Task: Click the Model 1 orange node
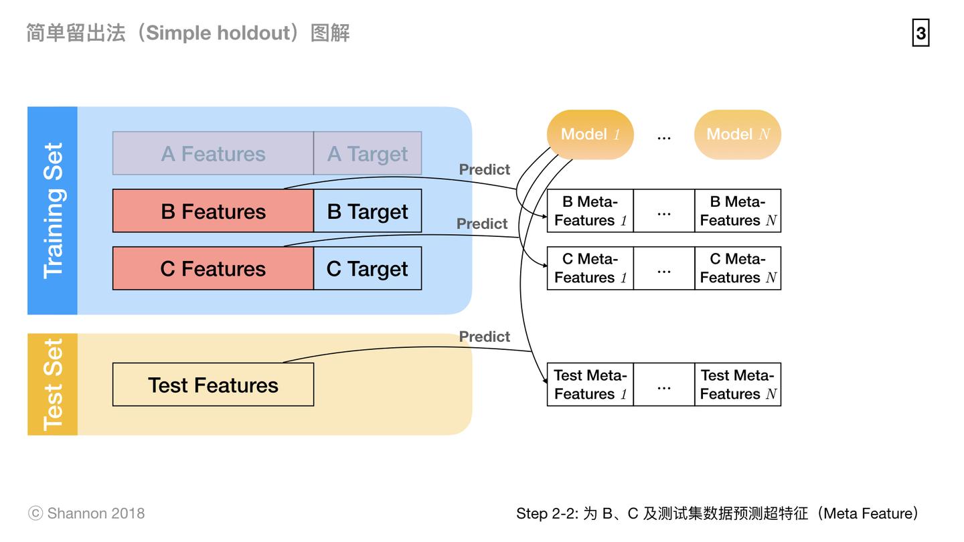click(x=590, y=134)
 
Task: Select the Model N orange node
click(x=738, y=134)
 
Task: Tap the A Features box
click(x=213, y=153)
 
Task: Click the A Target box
click(x=368, y=153)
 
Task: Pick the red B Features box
click(x=213, y=211)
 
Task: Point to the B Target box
click(x=368, y=211)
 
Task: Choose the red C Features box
click(x=213, y=268)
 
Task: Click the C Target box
click(x=368, y=268)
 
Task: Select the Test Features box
click(x=213, y=385)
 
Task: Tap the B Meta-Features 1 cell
click(x=590, y=211)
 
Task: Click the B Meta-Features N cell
click(x=738, y=211)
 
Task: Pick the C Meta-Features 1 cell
click(x=590, y=268)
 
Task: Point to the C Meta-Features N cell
click(x=738, y=268)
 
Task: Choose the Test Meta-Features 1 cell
click(x=590, y=385)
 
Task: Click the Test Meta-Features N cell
click(x=738, y=385)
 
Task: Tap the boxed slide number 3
click(x=920, y=33)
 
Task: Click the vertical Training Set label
click(x=53, y=211)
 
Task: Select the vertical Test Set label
click(x=53, y=385)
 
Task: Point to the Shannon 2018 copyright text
click(x=86, y=513)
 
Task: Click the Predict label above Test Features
click(x=484, y=337)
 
